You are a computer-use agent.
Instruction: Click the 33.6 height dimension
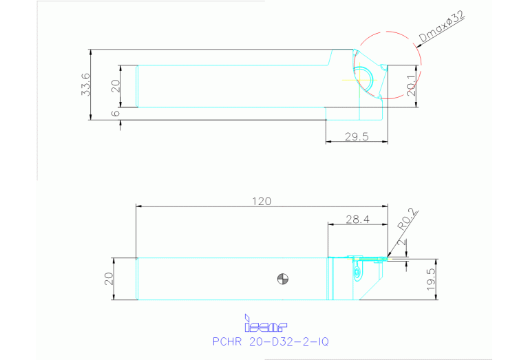point(85,84)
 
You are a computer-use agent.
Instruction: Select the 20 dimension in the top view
point(116,86)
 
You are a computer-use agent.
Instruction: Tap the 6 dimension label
point(116,113)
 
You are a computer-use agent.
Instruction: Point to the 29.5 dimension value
point(357,136)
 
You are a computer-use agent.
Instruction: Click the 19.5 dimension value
point(431,279)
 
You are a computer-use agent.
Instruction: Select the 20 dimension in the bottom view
point(107,279)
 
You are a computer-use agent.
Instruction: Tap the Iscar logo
point(266,324)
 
